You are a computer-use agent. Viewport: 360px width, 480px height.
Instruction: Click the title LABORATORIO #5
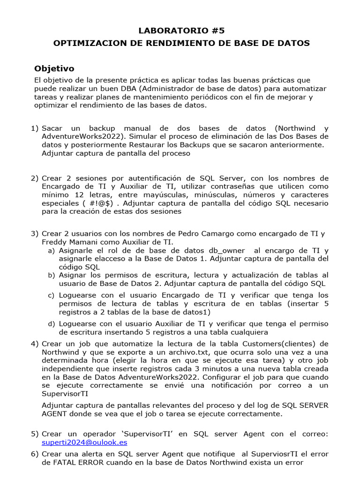[x=182, y=30]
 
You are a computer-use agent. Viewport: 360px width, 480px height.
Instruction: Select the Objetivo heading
[x=54, y=68]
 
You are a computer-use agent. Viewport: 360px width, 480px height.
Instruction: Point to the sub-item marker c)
[x=51, y=295]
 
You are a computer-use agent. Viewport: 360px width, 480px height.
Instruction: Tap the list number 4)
[x=35, y=344]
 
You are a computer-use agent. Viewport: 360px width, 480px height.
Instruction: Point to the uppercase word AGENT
[x=54, y=414]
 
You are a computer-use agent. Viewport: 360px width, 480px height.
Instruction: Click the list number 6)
[x=35, y=454]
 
